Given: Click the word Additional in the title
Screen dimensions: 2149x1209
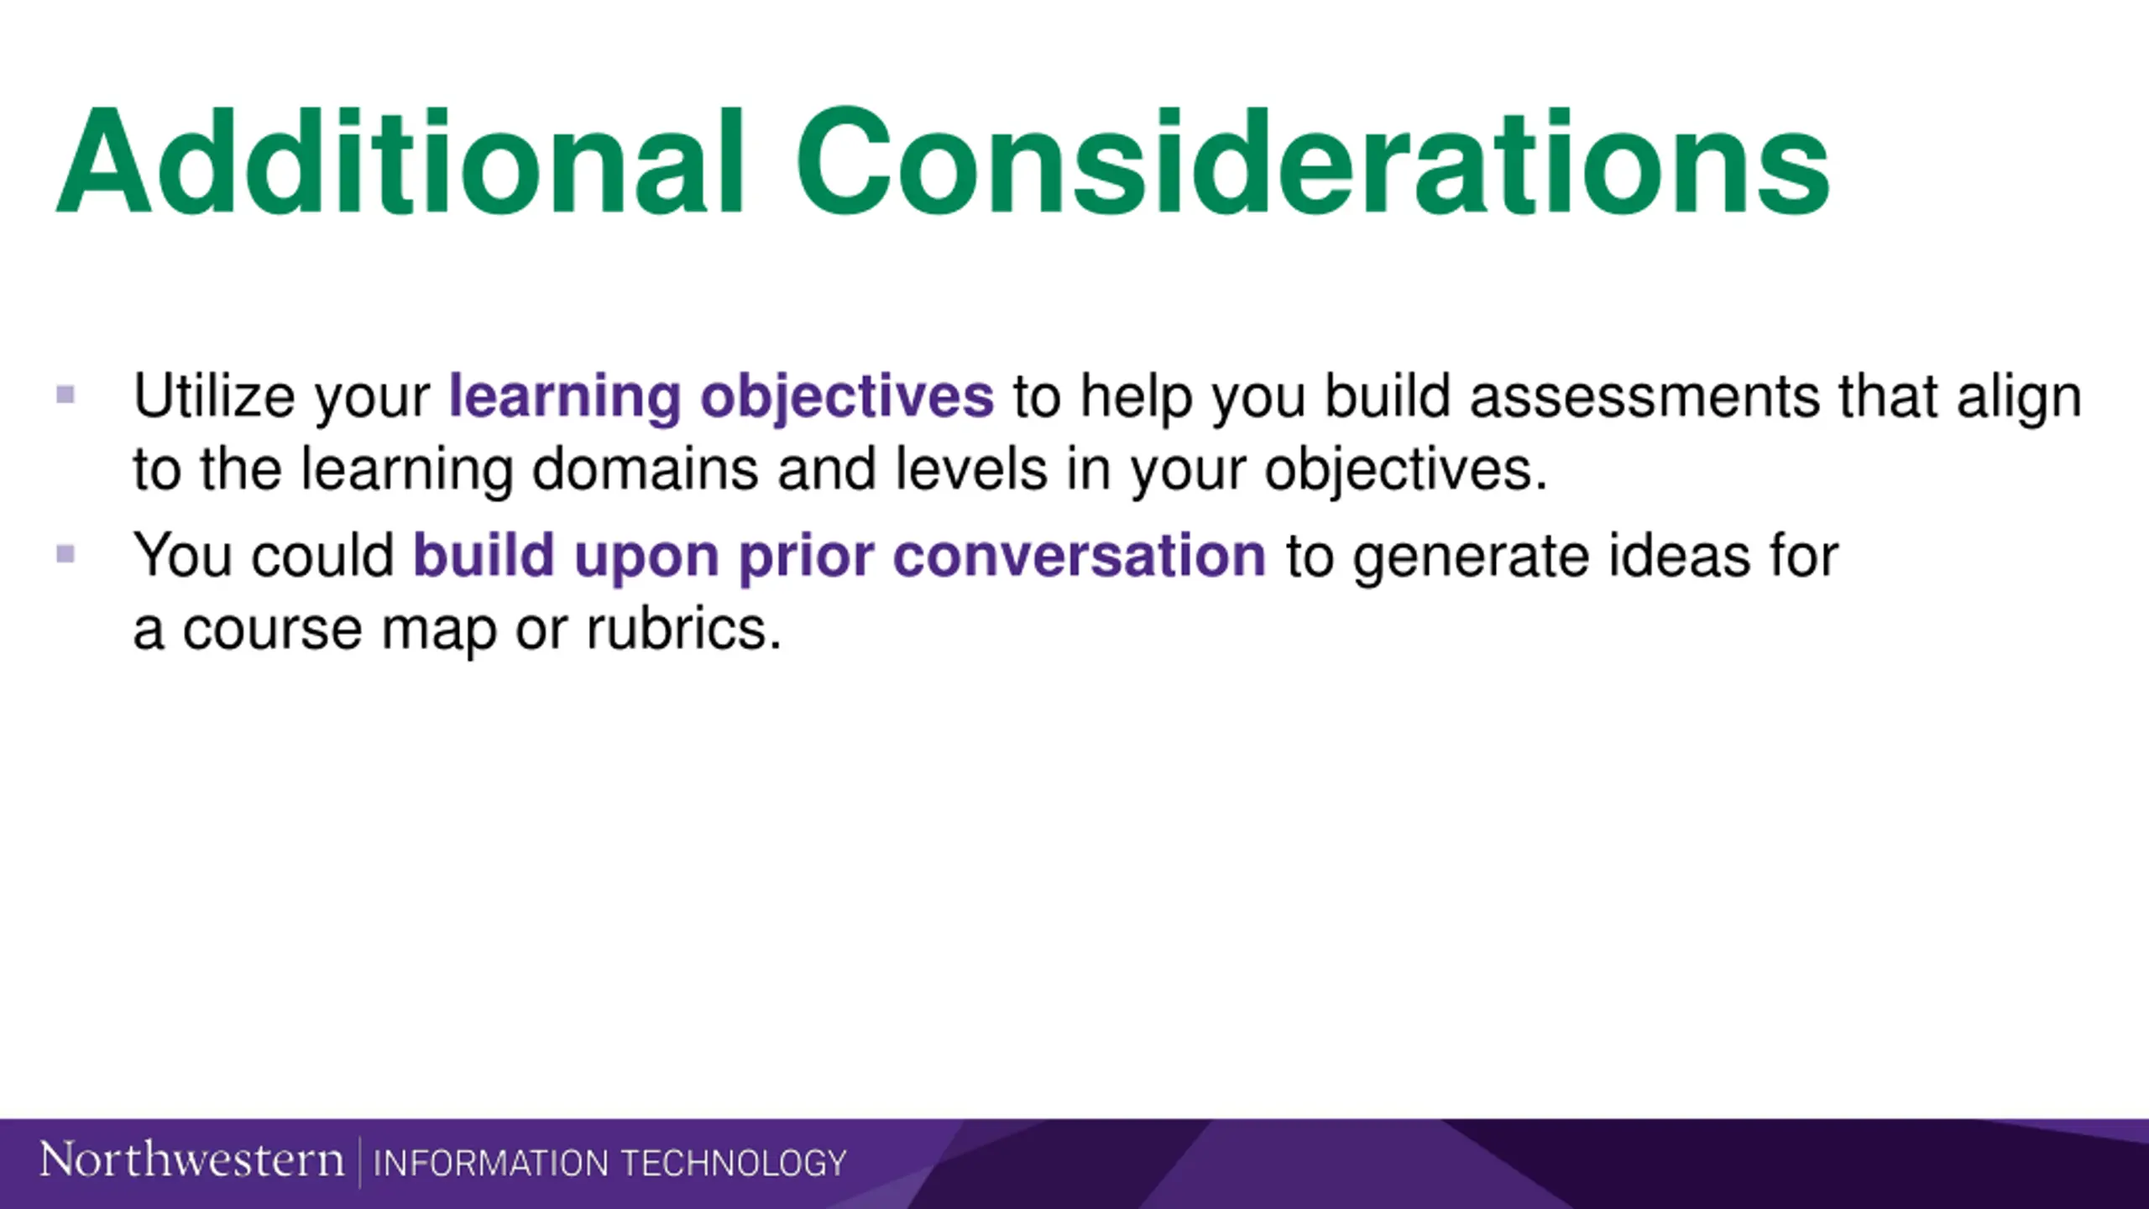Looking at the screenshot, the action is pyautogui.click(x=400, y=162).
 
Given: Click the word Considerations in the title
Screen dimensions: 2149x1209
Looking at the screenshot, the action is pyautogui.click(x=1313, y=162).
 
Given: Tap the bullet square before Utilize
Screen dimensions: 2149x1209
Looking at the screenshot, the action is pyautogui.click(x=65, y=394).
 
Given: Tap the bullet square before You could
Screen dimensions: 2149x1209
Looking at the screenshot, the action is pyautogui.click(x=65, y=553).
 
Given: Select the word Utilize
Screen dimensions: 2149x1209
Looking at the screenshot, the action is pyautogui.click(x=215, y=395).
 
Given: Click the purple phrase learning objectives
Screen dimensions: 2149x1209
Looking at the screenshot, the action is pyautogui.click(x=721, y=399).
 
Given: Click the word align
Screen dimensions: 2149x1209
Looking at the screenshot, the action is pyautogui.click(x=2020, y=399).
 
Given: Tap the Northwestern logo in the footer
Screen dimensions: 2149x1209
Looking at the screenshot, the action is pyautogui.click(x=192, y=1161).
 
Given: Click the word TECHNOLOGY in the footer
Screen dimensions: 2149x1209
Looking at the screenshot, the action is pyautogui.click(x=734, y=1163).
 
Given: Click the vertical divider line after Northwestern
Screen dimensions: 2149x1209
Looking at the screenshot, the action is pyautogui.click(x=359, y=1163).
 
